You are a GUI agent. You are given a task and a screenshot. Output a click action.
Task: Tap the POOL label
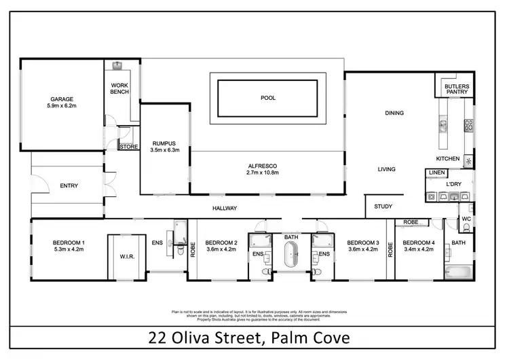coord(268,98)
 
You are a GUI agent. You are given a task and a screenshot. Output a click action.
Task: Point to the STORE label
coord(128,146)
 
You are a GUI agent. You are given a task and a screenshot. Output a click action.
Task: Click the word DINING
coord(394,113)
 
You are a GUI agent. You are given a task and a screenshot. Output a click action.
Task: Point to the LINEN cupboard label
coord(436,173)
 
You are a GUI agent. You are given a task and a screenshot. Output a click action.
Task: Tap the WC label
coord(466,219)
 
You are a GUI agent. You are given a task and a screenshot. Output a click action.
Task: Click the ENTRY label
coord(69,185)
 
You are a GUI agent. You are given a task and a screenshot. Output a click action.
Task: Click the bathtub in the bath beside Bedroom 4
coord(458,273)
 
